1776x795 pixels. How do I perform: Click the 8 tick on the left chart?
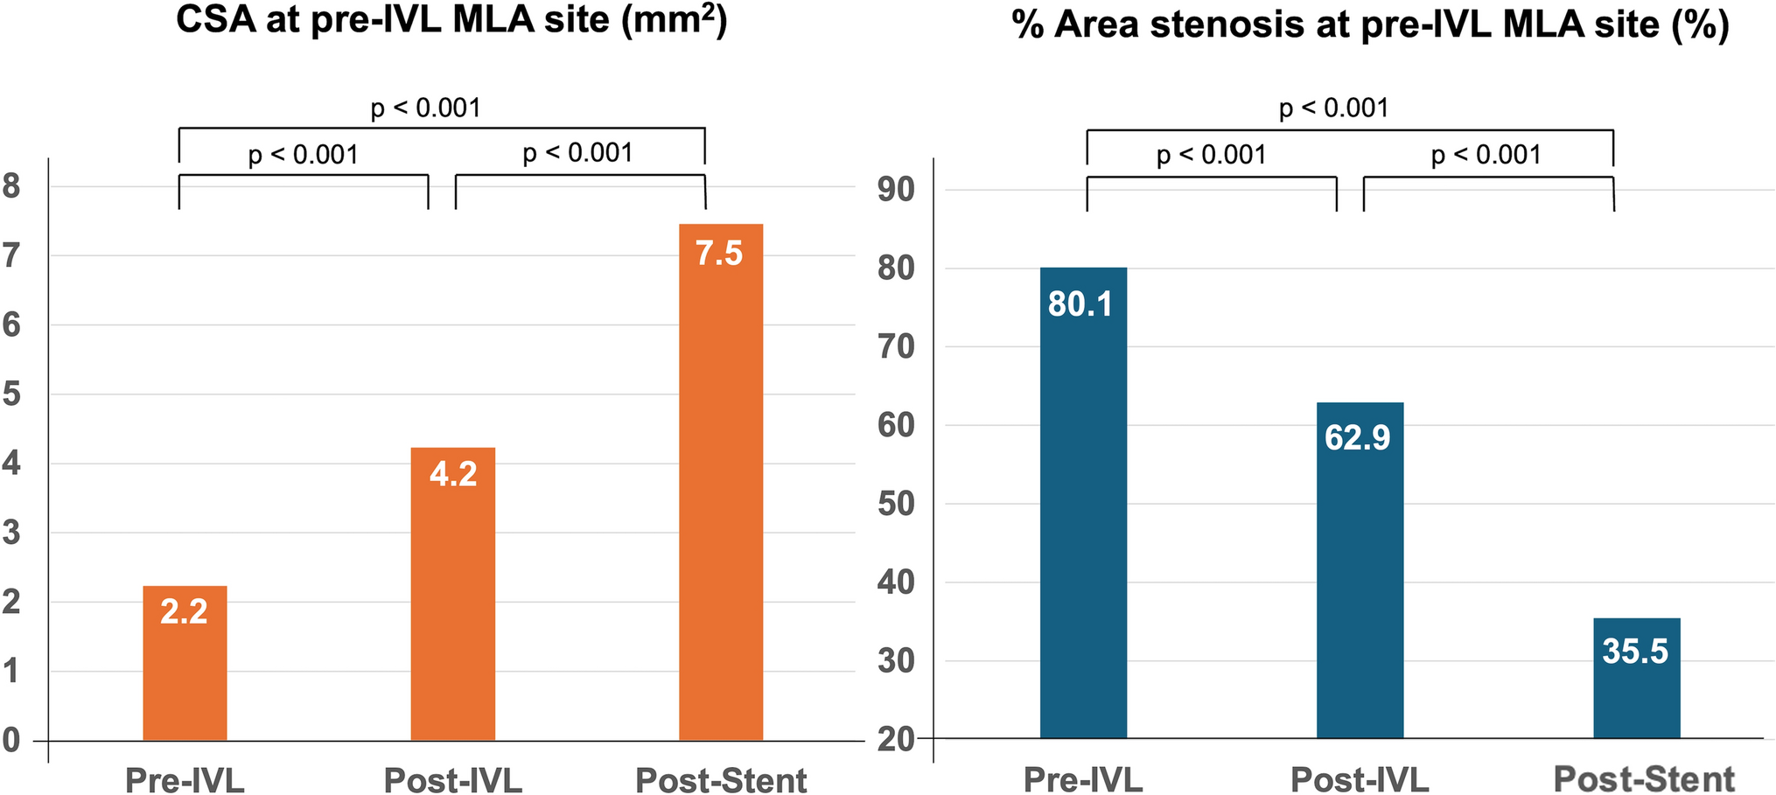pos(11,186)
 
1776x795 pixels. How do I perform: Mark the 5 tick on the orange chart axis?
pos(11,394)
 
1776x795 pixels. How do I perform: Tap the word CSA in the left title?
pos(216,19)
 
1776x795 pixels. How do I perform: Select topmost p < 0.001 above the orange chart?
pos(426,108)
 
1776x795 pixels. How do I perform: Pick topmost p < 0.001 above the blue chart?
pos(1334,108)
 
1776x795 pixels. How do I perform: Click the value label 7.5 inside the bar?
pos(719,254)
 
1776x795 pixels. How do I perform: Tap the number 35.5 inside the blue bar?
pos(1635,652)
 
